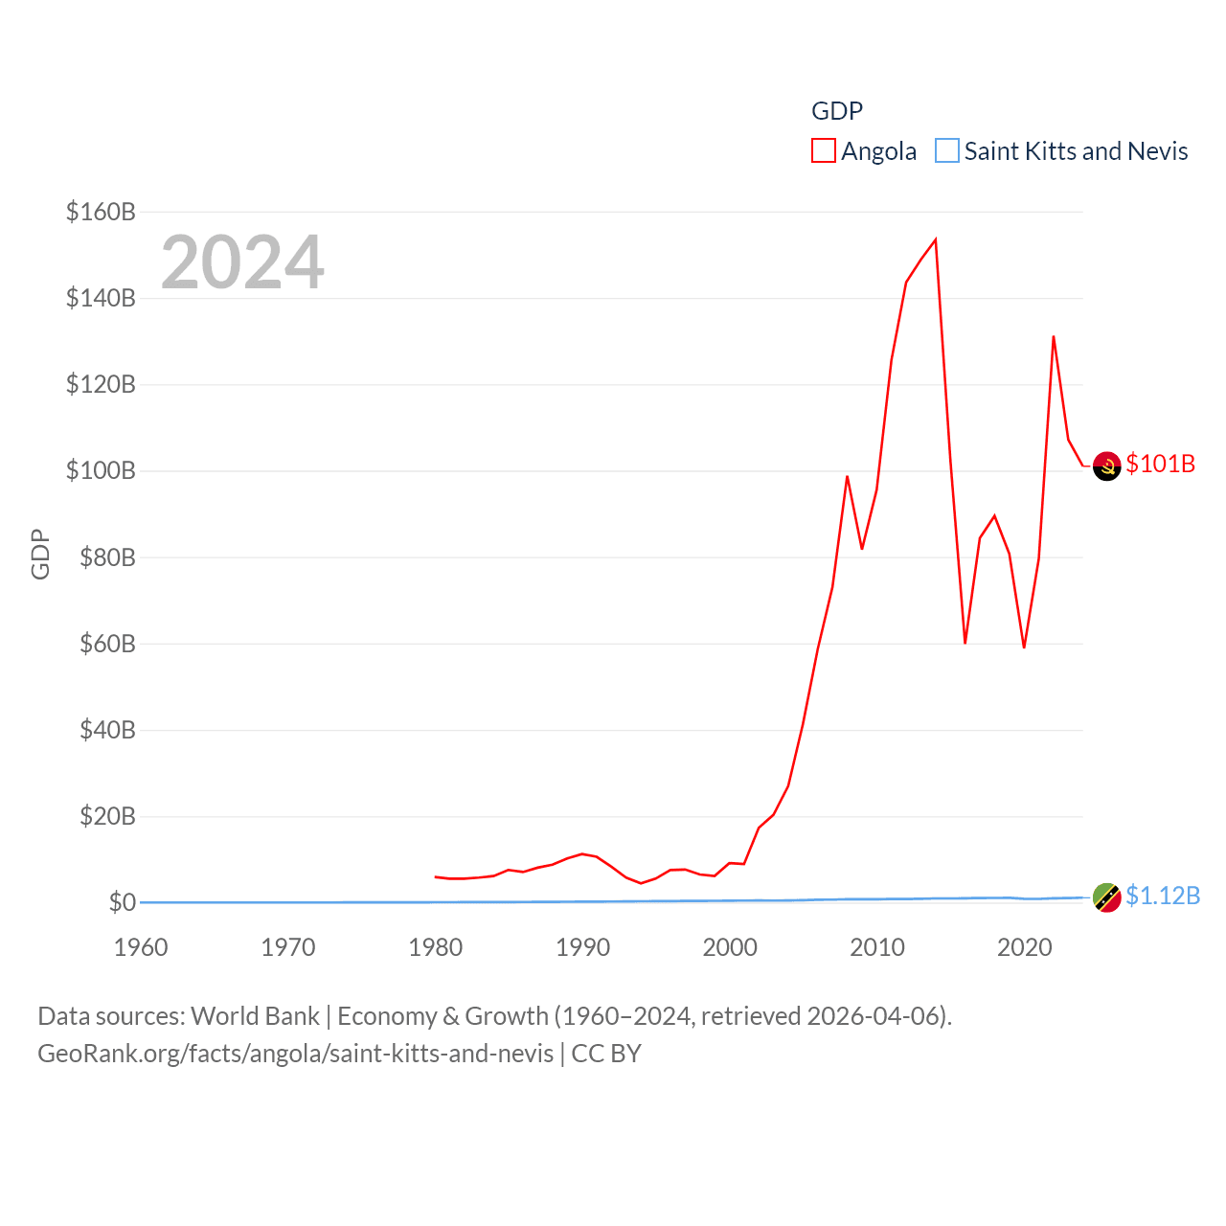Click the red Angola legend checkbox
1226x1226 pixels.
click(x=824, y=151)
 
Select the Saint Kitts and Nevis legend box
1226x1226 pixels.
click(x=947, y=151)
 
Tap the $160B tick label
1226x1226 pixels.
click(x=101, y=212)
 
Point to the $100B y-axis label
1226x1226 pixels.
click(x=101, y=470)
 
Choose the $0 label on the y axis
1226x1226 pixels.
click(x=122, y=902)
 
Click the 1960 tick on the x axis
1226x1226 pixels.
click(x=141, y=947)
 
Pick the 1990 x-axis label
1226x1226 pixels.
click(x=582, y=947)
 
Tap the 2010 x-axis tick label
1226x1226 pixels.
click(x=877, y=947)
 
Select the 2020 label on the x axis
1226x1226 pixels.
click(x=1025, y=947)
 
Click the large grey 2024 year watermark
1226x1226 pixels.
click(x=242, y=262)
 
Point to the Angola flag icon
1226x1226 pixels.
click(x=1107, y=465)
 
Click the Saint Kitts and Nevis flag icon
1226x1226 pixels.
click(x=1107, y=897)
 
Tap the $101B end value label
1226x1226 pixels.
click(x=1161, y=464)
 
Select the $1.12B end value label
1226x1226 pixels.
click(x=1163, y=896)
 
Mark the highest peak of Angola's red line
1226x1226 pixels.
click(x=935, y=239)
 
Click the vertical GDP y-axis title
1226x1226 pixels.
click(x=40, y=554)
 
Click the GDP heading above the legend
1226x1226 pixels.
click(x=837, y=111)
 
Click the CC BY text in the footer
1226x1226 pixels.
click(x=606, y=1054)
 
